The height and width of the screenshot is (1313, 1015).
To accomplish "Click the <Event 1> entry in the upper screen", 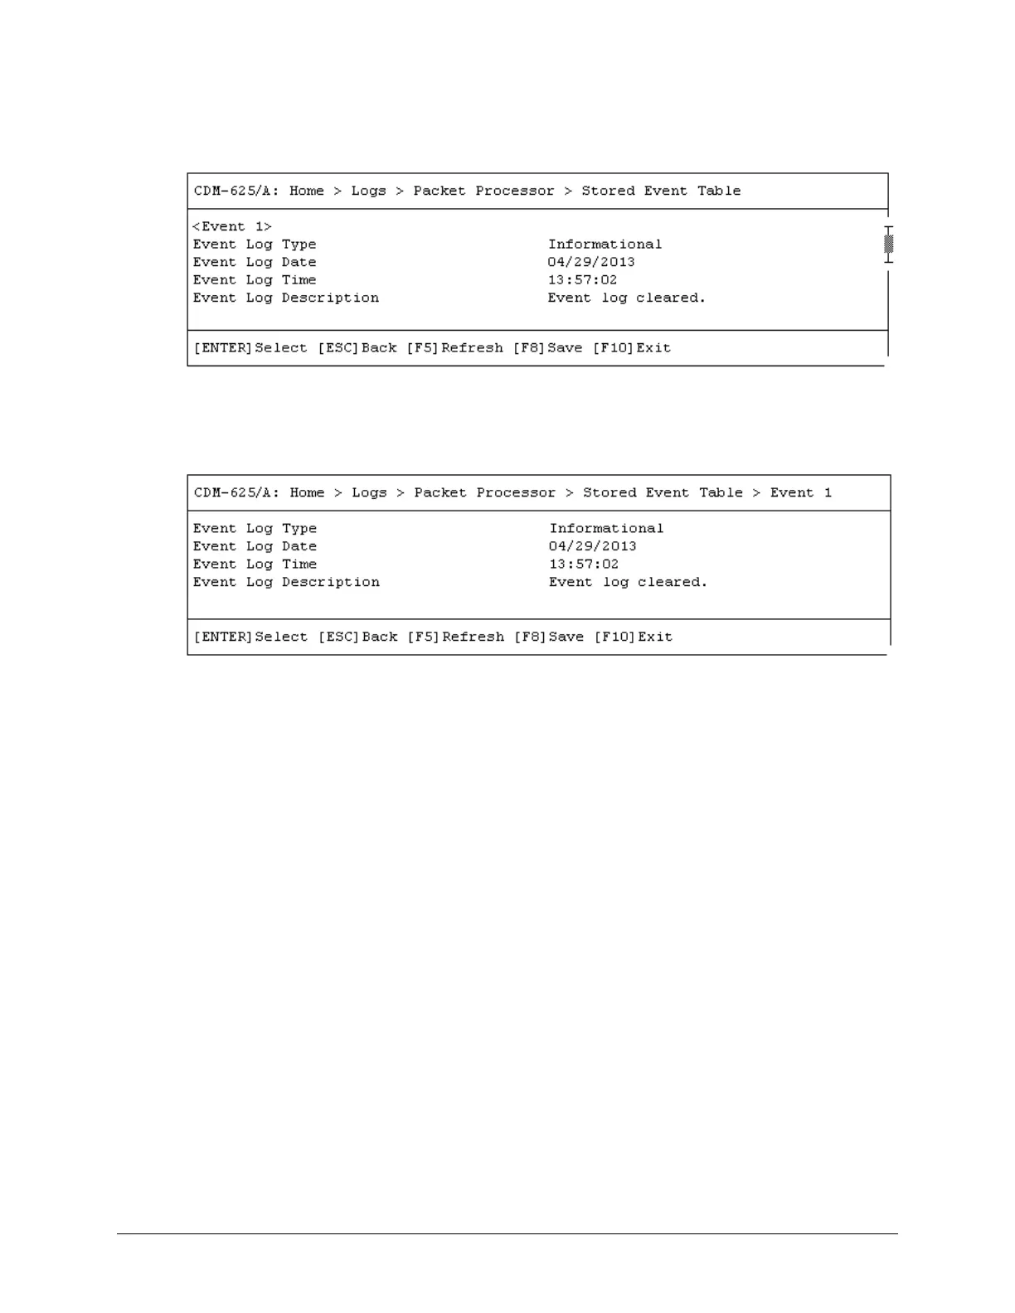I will (232, 226).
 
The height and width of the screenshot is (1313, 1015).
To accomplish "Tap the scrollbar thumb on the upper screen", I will (889, 244).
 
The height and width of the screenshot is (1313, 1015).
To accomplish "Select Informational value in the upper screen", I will (605, 245).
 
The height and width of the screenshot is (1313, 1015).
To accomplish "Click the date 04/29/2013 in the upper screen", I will (591, 262).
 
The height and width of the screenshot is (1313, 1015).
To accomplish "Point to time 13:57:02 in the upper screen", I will (582, 280).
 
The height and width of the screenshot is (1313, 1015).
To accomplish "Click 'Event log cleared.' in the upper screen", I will (626, 298).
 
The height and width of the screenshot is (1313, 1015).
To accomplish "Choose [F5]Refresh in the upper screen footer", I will (454, 348).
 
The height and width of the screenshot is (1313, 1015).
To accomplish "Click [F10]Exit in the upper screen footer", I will (631, 348).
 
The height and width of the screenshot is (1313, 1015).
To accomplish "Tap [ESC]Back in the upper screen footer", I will (357, 348).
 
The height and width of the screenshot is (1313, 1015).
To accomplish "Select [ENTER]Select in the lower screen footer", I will (250, 637).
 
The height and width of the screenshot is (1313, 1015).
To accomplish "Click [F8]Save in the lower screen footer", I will (549, 637).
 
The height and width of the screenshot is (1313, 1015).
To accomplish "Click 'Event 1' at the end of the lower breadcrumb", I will (800, 492).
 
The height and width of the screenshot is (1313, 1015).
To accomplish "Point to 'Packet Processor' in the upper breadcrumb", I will (483, 191).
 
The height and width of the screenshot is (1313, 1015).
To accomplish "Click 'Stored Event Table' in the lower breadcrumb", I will (663, 492).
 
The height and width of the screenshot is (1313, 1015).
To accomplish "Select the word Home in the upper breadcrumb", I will (307, 191).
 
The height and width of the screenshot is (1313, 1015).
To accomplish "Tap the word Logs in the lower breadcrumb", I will (369, 492).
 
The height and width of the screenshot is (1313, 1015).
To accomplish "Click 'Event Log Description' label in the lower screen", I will (286, 582).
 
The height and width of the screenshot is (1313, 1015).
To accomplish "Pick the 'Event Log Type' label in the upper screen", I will (255, 245).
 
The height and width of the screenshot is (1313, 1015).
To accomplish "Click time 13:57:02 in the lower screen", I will (584, 564).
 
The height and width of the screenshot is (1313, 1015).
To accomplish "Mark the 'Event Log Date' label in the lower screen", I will (255, 546).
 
